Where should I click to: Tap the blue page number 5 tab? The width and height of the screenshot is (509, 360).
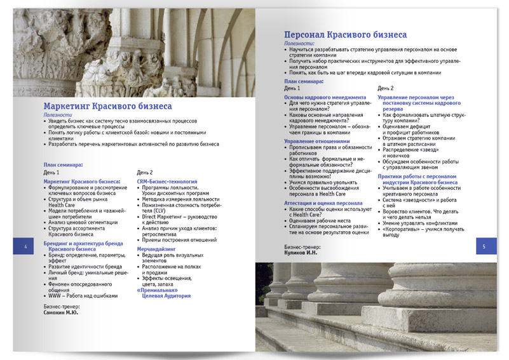[485, 246]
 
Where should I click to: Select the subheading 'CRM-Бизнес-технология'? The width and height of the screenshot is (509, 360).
[166, 182]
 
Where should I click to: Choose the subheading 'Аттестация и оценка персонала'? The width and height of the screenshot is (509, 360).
[325, 203]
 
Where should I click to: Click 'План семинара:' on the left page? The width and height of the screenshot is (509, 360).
[63, 164]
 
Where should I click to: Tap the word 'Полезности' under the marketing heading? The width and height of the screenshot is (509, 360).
[58, 115]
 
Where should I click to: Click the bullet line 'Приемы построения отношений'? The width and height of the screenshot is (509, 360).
[177, 240]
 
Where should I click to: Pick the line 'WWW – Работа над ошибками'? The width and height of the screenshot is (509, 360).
[83, 295]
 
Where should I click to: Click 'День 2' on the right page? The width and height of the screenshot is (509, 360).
[386, 88]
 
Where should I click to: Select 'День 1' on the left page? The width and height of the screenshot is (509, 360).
[51, 173]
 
